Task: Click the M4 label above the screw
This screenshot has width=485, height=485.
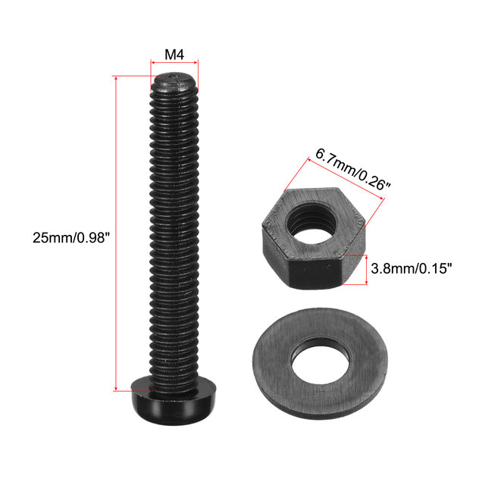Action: (x=174, y=55)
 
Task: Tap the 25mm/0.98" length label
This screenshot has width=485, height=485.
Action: (x=71, y=238)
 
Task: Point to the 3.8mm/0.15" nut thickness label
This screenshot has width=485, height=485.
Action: (x=411, y=268)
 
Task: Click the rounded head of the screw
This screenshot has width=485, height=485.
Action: (x=174, y=401)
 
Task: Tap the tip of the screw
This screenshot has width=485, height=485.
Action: (x=174, y=81)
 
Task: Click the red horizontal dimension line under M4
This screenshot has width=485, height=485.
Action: (x=174, y=63)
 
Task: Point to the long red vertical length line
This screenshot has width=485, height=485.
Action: (x=116, y=233)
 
